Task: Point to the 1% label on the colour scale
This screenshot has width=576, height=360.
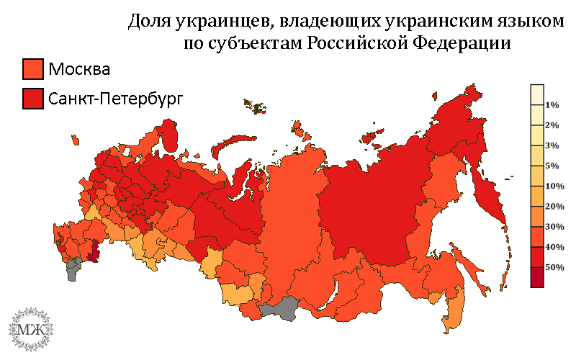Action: [552, 105]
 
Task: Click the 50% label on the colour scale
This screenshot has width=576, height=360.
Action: [554, 266]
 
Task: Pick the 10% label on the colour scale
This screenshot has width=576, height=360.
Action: [554, 186]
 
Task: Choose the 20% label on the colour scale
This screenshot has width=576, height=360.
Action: [554, 207]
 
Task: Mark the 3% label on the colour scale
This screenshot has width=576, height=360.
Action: [552, 145]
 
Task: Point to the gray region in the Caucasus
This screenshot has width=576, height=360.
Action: [73, 270]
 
